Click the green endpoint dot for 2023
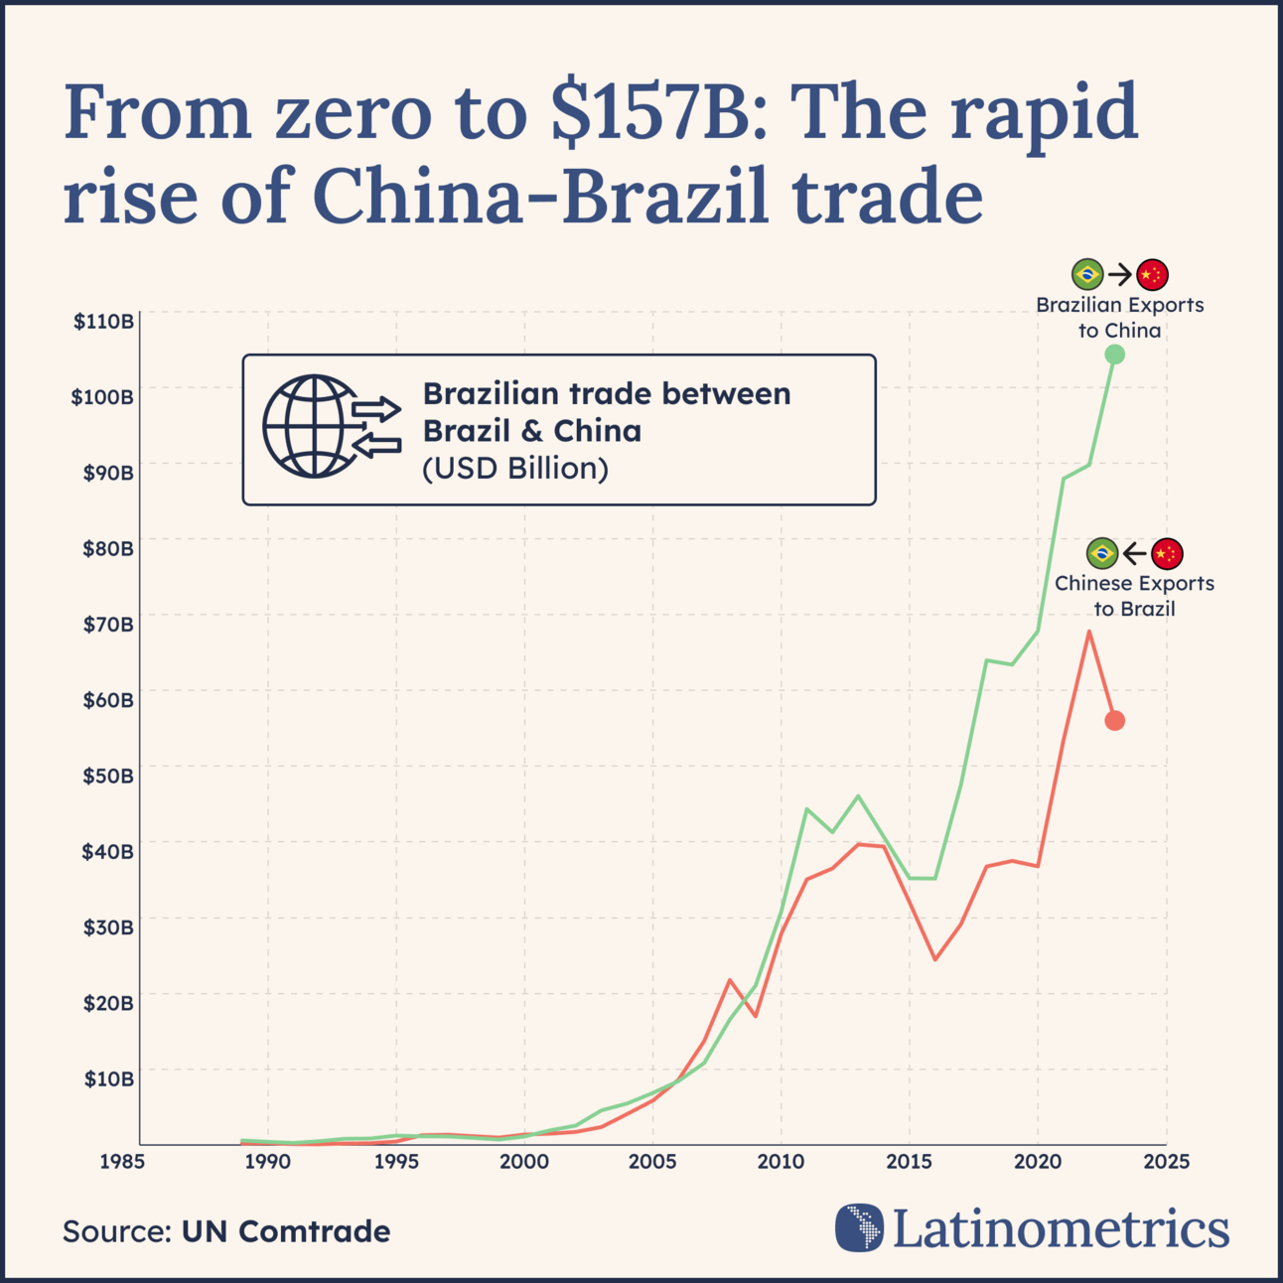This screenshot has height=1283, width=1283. tap(1114, 355)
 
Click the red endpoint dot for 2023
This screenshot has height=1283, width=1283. tap(1114, 721)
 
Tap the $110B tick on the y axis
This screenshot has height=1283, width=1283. tap(103, 321)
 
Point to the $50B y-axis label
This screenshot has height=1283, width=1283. tap(107, 776)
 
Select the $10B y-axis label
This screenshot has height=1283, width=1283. tap(107, 1078)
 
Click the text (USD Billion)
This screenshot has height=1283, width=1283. tap(514, 469)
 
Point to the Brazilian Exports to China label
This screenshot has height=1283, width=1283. tap(1119, 318)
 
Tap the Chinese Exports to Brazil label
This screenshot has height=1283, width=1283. tap(1134, 596)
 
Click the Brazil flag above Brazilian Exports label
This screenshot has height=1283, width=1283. tap(1087, 274)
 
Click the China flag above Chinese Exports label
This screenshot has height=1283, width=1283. tap(1166, 553)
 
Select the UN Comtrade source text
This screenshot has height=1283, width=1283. tap(285, 1231)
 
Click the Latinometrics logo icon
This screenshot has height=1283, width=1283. tap(859, 1227)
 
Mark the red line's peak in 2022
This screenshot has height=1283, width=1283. tap(1088, 632)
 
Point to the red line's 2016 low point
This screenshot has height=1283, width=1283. tap(934, 959)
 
